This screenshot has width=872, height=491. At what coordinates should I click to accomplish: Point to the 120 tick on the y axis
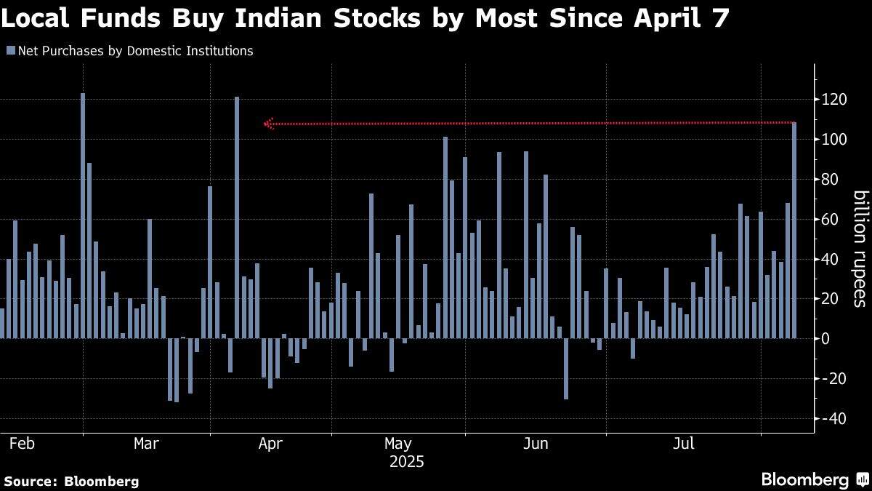point(832,100)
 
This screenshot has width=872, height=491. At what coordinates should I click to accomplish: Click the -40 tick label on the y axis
point(832,419)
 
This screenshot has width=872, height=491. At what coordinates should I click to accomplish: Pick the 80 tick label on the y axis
point(832,180)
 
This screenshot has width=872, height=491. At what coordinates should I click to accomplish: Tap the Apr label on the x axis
point(270,443)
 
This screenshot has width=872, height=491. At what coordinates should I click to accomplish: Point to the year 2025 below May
point(407,461)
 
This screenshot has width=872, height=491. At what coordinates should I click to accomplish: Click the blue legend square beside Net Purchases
point(10,51)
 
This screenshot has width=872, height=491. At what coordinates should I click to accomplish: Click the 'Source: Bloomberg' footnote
point(71,481)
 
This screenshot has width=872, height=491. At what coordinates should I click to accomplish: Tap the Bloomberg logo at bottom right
point(814,479)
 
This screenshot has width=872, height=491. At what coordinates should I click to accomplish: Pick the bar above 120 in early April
point(237,217)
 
